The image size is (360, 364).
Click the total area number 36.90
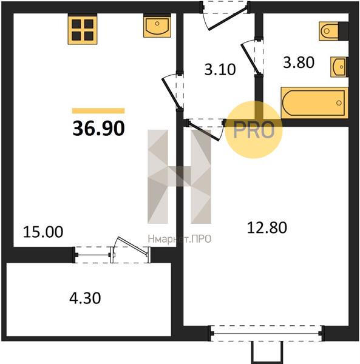coord(99,129)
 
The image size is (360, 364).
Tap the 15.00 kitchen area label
coord(43,232)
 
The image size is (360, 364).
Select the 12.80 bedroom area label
coord(267,227)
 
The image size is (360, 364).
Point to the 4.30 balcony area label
coord(85,298)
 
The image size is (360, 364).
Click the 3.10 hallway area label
coord(220,69)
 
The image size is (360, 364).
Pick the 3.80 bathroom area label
coord(299,62)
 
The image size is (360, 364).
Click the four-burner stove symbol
coord(83,29)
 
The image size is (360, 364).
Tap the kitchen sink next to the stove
coord(157,25)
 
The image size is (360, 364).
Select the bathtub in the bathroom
coord(314,103)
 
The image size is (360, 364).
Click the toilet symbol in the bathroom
coord(333,31)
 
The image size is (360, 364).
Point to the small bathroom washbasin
coord(339,67)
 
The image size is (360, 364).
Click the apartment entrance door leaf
coord(228,18)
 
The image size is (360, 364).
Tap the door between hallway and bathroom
coord(250,58)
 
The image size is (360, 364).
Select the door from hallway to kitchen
coord(171,93)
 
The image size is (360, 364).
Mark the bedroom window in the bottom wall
coord(267,334)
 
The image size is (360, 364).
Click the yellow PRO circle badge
coord(254,130)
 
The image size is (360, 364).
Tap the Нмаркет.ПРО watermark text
coord(180,239)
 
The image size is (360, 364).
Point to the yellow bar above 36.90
coord(98,111)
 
